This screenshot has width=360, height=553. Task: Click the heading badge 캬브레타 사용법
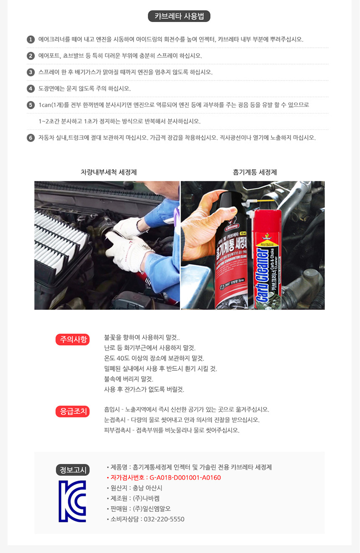click(179, 16)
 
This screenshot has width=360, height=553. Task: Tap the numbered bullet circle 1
click(31, 39)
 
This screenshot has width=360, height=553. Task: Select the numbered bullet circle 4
click(31, 89)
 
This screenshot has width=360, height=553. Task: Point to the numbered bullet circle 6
click(31, 138)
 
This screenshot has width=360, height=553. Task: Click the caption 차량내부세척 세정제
click(108, 172)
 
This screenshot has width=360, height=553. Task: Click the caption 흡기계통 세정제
click(255, 172)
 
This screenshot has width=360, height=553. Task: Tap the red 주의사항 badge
click(72, 339)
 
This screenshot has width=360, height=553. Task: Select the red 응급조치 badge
click(72, 411)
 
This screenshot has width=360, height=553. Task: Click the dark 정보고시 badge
click(73, 470)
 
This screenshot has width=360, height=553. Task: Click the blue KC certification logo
click(72, 501)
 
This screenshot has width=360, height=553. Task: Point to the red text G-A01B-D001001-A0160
click(185, 478)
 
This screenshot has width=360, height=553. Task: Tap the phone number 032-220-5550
click(164, 519)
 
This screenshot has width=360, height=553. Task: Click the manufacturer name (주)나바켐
click(146, 499)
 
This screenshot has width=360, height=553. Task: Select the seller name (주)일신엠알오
click(152, 509)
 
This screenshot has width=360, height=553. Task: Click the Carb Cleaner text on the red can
click(262, 276)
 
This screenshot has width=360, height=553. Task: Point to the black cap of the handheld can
click(228, 202)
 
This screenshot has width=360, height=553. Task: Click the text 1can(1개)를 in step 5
click(54, 105)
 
